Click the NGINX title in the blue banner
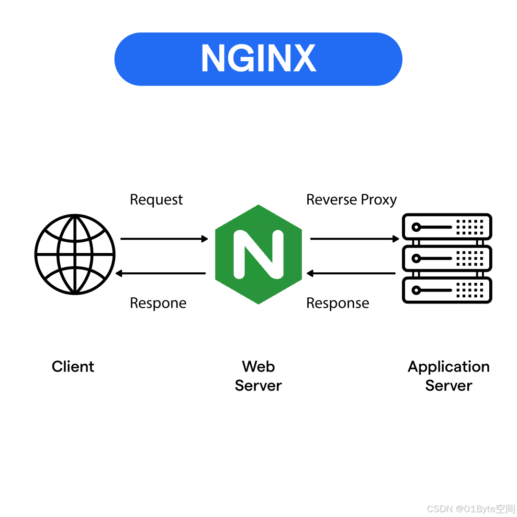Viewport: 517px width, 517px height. click(258, 58)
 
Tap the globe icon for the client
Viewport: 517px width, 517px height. click(75, 254)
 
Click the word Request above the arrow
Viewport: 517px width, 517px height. click(156, 200)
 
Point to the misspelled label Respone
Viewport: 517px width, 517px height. click(158, 303)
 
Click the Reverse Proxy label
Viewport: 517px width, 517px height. click(351, 200)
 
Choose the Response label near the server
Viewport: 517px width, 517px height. click(337, 303)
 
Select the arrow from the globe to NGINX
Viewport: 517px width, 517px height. click(164, 238)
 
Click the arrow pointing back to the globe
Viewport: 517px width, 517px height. click(161, 273)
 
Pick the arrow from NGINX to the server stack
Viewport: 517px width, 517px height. click(354, 238)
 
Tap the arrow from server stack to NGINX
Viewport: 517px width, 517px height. click(351, 273)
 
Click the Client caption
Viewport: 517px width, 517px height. click(73, 367)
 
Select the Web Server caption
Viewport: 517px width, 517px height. click(258, 376)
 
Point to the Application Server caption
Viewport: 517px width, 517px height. click(449, 376)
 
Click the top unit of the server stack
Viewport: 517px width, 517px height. click(447, 226)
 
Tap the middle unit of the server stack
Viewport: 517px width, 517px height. click(447, 258)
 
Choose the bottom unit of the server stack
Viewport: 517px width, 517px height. click(447, 290)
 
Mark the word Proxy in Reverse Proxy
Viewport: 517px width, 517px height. click(378, 200)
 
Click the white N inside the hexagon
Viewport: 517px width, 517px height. click(258, 255)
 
